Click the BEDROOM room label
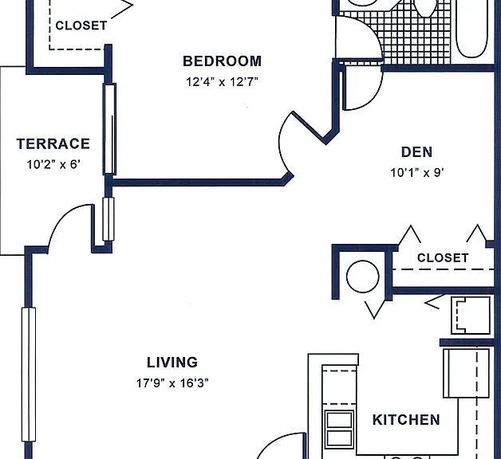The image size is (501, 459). tap(222, 61)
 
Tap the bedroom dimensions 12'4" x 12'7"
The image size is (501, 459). tap(222, 82)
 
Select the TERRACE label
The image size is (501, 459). tap(53, 144)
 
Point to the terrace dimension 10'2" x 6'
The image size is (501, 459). tap(53, 165)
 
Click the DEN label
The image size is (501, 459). tap(416, 152)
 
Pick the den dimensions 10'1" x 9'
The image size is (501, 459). tap(417, 173)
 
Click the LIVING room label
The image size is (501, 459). tap(172, 363)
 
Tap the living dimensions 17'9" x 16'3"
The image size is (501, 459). tap(172, 383)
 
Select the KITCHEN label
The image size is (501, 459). tap(406, 420)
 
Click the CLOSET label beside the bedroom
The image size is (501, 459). tap(81, 25)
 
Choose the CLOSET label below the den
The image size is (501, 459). tap(443, 258)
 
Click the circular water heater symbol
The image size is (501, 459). tap(363, 277)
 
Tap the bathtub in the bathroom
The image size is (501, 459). tap(471, 29)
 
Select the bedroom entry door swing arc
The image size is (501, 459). tap(281, 143)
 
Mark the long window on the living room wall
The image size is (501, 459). tap(29, 375)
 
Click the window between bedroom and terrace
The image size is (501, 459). tap(109, 129)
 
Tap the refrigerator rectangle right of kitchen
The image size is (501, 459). tap(466, 373)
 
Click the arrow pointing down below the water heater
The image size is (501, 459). tap(374, 310)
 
